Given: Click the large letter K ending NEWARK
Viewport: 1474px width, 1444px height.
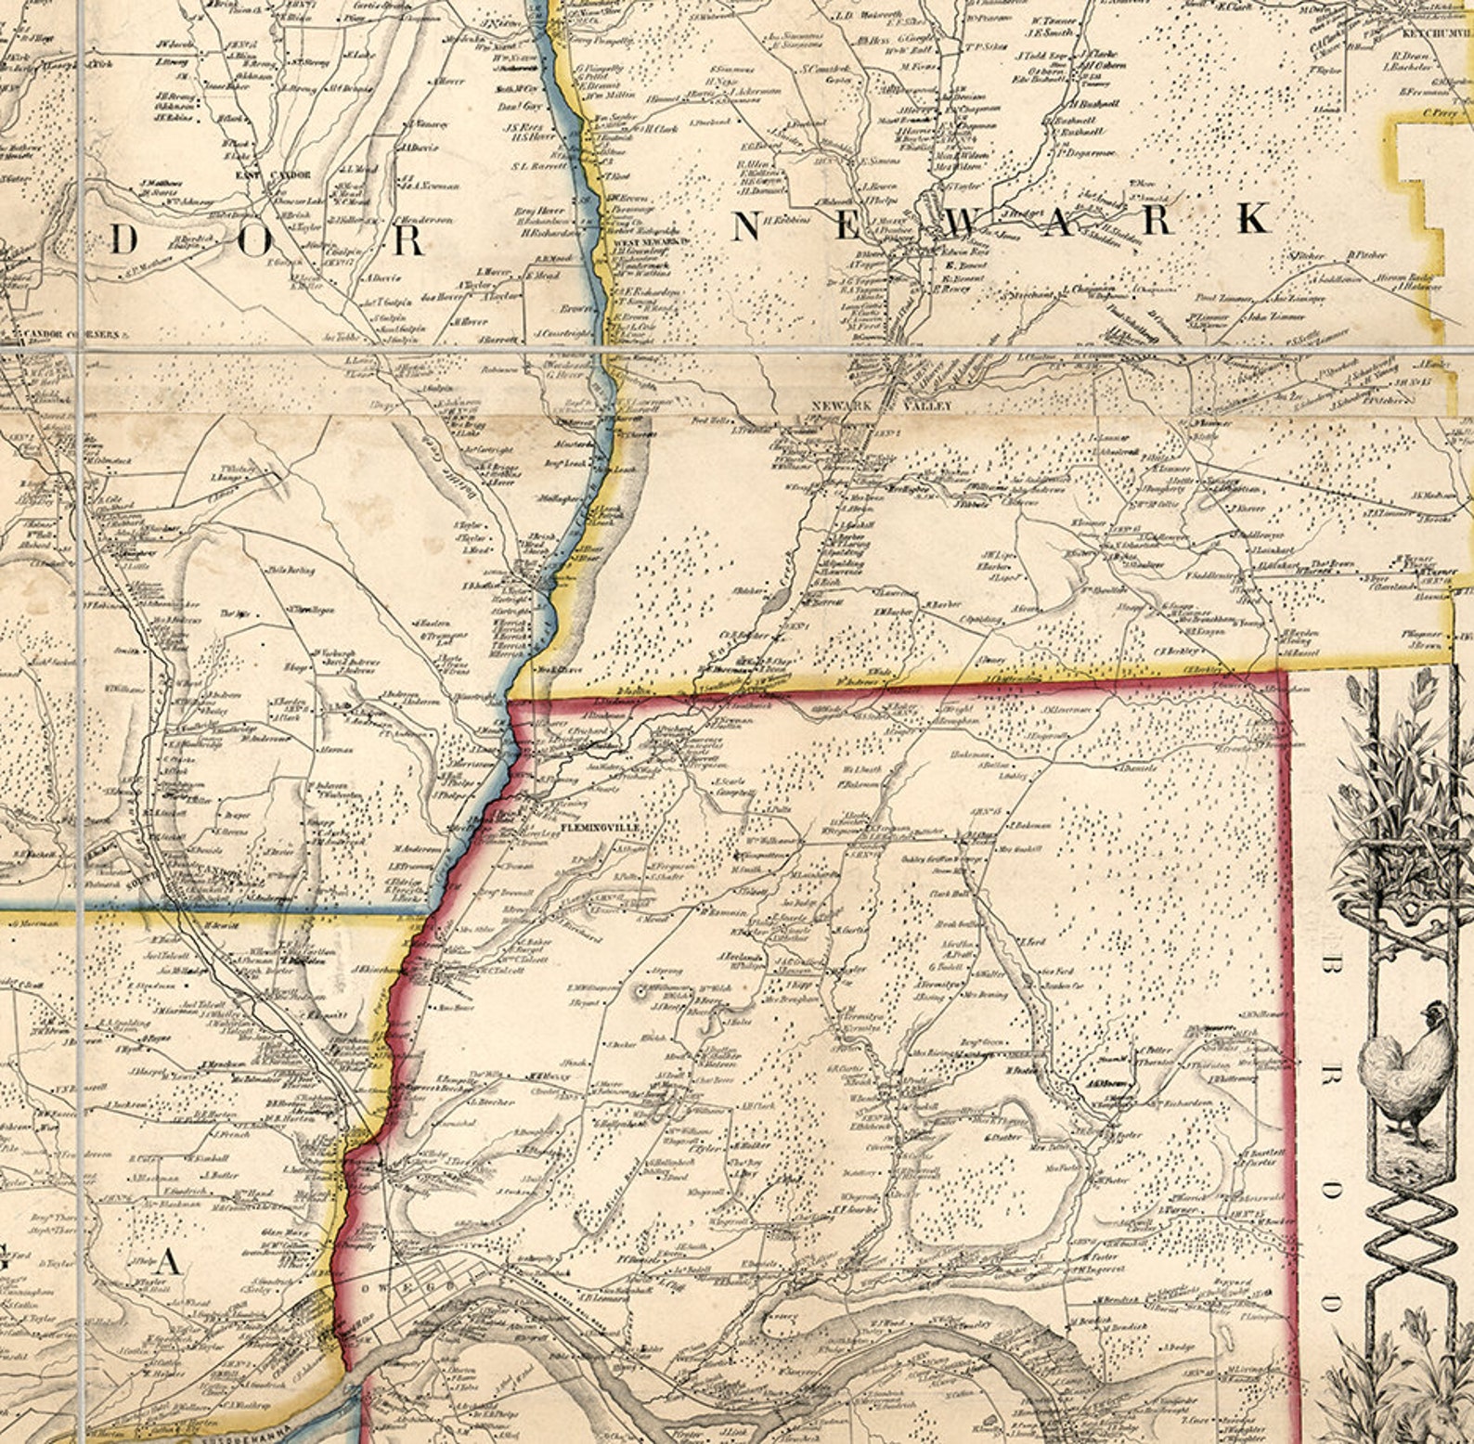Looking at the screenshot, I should [1253, 220].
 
